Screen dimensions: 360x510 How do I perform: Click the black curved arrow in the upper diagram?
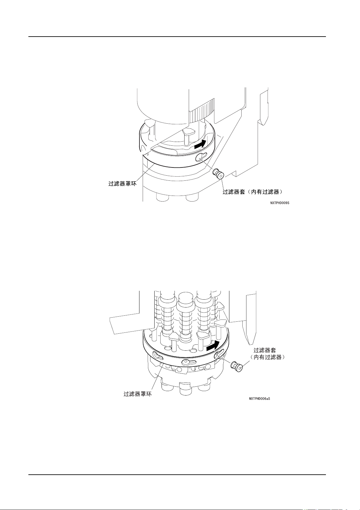tap(200, 144)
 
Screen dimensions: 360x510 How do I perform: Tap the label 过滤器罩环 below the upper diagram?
tap(122, 184)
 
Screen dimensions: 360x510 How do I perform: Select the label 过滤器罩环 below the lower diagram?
tap(138, 394)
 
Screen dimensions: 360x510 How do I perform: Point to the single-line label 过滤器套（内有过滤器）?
tap(252, 192)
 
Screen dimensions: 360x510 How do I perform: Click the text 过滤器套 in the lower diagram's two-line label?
tap(265, 350)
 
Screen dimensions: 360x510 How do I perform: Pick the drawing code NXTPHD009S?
tap(280, 203)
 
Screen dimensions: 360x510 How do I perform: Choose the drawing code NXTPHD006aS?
tap(259, 399)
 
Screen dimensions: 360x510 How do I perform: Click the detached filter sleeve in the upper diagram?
tap(218, 173)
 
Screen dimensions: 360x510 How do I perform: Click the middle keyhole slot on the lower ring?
tap(189, 362)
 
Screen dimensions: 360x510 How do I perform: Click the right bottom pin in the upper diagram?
tap(192, 197)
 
